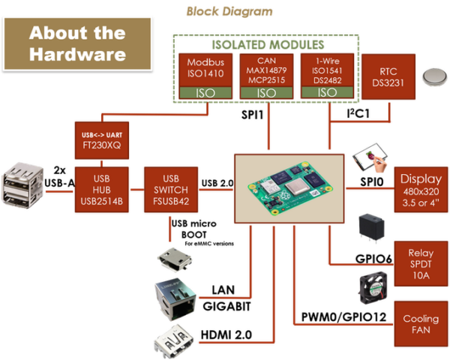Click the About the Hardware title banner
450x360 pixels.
(x=77, y=44)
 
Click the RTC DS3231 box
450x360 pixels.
(x=388, y=76)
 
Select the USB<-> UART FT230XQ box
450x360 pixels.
(x=103, y=139)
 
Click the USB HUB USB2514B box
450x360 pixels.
(x=103, y=190)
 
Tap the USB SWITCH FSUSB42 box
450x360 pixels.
(x=170, y=190)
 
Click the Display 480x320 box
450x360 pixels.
(x=421, y=190)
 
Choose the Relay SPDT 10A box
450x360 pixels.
(x=421, y=259)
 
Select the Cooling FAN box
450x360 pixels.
(x=421, y=324)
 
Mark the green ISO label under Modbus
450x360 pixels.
(x=205, y=92)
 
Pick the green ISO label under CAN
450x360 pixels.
(x=266, y=92)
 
